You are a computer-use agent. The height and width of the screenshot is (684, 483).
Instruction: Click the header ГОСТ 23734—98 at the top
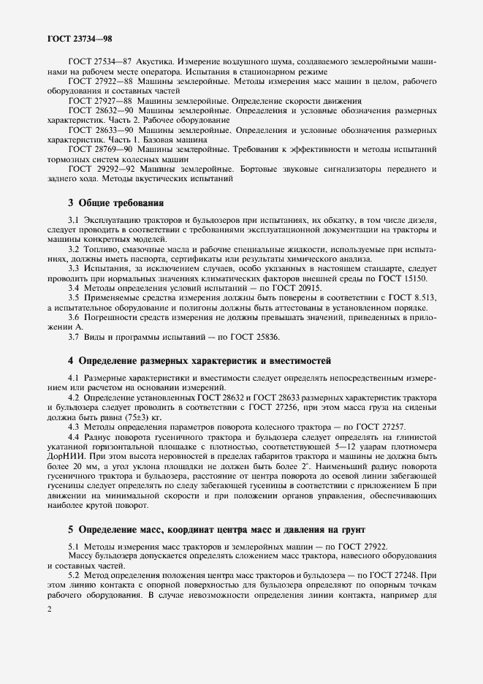[79, 37]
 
